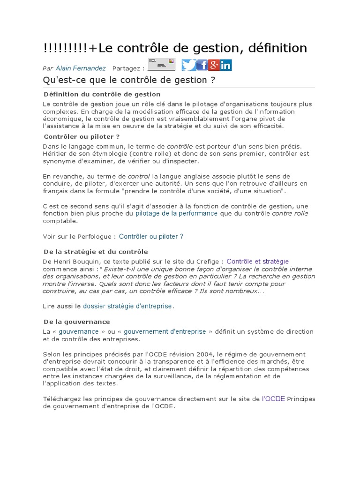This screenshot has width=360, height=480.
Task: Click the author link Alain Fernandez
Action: point(81,68)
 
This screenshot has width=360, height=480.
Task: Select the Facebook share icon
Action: point(202,65)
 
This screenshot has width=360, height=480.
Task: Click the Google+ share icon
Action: point(214,65)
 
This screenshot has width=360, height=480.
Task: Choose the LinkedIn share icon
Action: point(226,65)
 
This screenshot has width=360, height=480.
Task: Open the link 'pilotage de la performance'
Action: point(176,213)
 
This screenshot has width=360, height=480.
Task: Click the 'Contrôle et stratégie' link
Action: point(257,262)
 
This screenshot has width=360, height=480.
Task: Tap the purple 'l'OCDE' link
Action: point(273,398)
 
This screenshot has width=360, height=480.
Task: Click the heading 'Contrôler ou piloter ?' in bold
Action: point(82,136)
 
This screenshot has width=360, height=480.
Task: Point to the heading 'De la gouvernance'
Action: point(76,322)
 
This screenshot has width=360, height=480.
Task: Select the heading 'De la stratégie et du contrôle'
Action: point(95,252)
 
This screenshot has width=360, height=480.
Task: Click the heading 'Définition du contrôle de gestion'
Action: point(102,95)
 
